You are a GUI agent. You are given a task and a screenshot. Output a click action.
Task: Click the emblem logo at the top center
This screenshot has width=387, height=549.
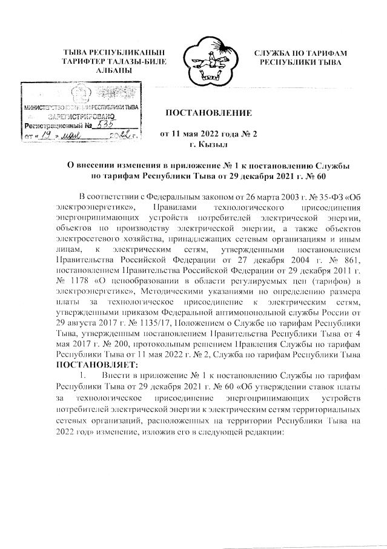[x=211, y=58]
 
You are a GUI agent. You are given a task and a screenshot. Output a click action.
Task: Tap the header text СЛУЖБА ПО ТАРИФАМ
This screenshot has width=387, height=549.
[x=300, y=54]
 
